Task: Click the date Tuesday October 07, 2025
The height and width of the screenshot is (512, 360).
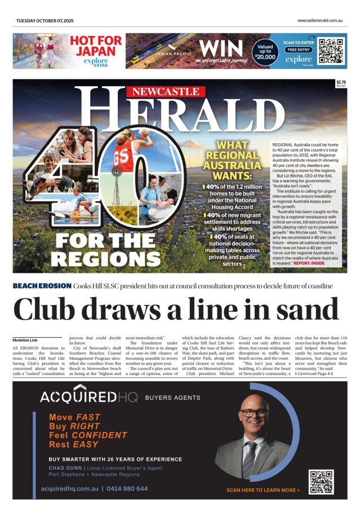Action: pyautogui.click(x=45, y=20)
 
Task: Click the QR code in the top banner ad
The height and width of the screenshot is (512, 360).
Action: pyautogui.click(x=331, y=50)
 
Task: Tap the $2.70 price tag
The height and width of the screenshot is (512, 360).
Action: pyautogui.click(x=340, y=82)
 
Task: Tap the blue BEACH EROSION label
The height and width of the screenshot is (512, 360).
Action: pyautogui.click(x=42, y=286)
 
